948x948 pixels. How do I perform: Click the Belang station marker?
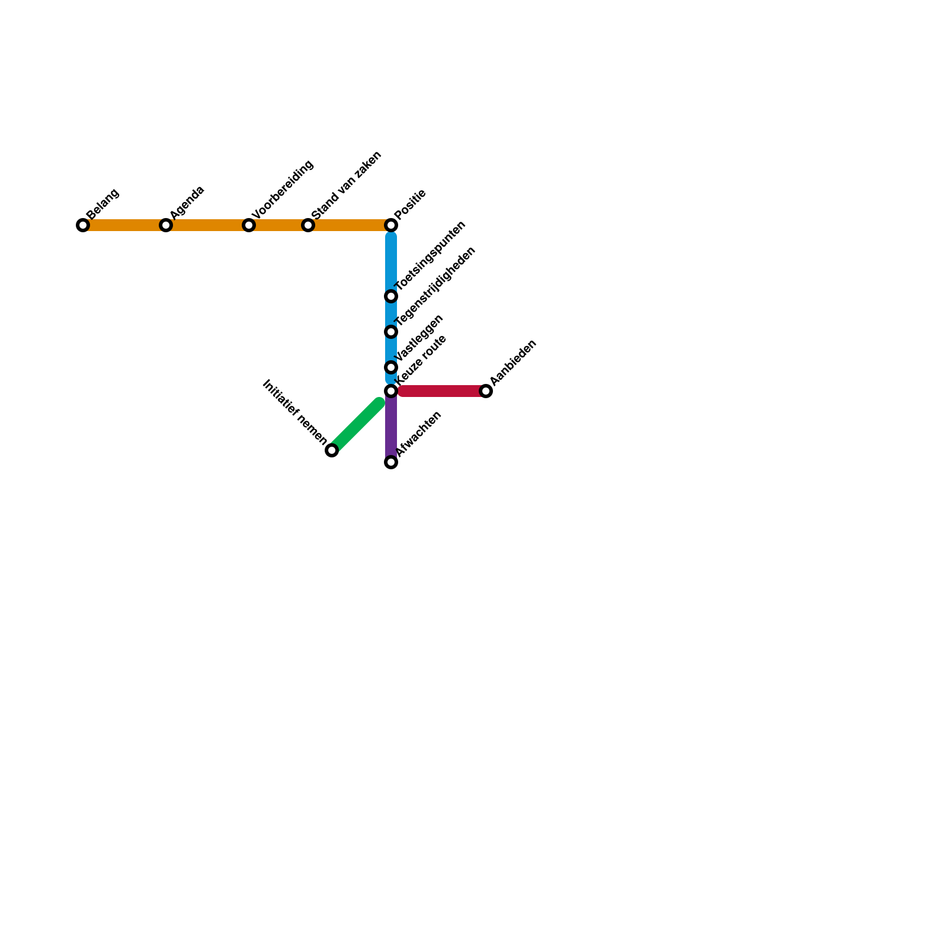83,225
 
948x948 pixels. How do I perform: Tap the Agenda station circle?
166,225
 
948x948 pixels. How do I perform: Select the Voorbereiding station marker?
249,225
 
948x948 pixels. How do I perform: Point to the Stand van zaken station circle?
308,225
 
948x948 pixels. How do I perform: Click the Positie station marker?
391,225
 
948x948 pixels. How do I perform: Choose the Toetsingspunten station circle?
391,296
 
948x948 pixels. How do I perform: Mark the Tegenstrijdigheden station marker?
391,332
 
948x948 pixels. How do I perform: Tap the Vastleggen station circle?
391,367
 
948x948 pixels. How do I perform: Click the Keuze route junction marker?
391,391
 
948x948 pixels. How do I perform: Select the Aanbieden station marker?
486,391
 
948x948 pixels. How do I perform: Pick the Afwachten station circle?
391,462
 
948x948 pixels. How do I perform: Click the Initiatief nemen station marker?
332,451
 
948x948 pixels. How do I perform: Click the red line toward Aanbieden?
441,391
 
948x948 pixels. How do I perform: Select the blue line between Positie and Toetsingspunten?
391,261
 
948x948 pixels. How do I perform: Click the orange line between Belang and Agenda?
124,225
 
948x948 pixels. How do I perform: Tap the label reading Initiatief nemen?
294,412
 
